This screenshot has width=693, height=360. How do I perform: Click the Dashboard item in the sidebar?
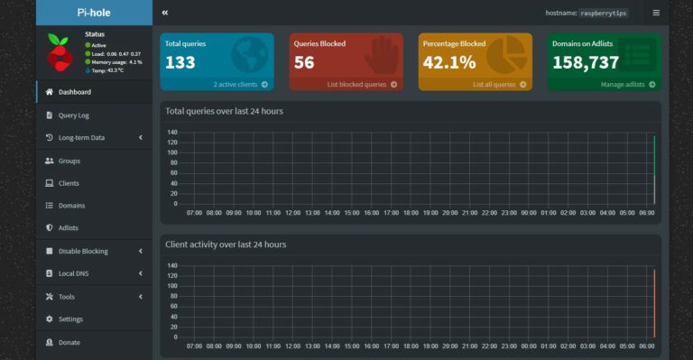[74, 92]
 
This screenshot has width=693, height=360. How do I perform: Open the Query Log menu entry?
[73, 115]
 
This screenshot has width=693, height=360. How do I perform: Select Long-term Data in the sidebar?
[81, 138]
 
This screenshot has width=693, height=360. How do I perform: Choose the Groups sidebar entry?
[69, 161]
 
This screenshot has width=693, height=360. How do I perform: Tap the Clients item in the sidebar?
[69, 183]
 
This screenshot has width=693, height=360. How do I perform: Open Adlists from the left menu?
[69, 228]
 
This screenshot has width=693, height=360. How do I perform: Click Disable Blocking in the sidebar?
[83, 251]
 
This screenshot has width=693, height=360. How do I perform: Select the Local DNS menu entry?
[74, 273]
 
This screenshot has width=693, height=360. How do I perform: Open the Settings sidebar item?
[70, 319]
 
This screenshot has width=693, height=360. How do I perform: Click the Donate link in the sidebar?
[69, 342]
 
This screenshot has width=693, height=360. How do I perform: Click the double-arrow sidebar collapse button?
[165, 14]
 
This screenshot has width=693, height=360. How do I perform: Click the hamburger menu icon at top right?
[656, 14]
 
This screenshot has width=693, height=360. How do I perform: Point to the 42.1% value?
[449, 62]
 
